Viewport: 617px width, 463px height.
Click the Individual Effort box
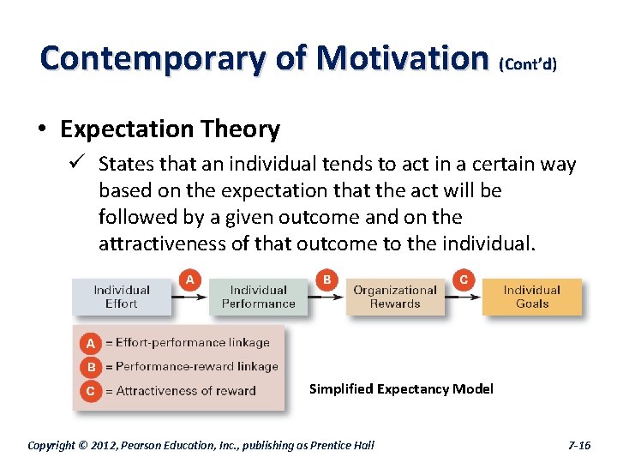(x=121, y=297)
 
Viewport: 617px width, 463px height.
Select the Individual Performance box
(x=258, y=297)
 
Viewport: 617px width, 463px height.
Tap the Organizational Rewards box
(x=395, y=297)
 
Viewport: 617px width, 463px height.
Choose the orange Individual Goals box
(x=531, y=297)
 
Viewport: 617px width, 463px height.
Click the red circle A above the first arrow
(x=190, y=280)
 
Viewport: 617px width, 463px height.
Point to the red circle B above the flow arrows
(x=326, y=280)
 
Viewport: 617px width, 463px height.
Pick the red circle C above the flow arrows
(x=464, y=280)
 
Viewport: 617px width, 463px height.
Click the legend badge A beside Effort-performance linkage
(x=90, y=343)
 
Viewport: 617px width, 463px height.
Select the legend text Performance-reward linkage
(x=196, y=367)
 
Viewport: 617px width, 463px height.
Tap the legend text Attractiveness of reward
(x=185, y=391)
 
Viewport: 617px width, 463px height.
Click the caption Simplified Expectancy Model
(x=401, y=389)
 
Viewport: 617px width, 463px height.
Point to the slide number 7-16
(x=579, y=445)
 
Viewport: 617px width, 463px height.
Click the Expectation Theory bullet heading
(x=170, y=129)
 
